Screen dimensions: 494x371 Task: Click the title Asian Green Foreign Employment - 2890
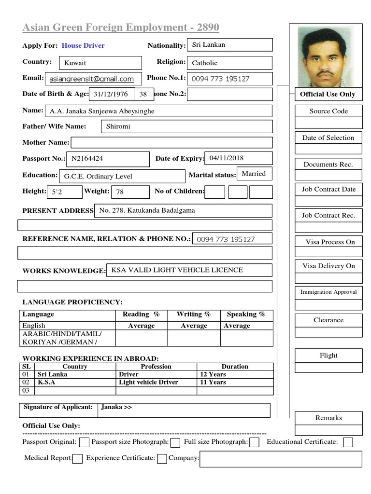(x=121, y=27)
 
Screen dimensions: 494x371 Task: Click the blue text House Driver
(x=83, y=46)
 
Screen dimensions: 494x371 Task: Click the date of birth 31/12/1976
(x=111, y=95)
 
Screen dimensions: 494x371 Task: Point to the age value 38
(x=143, y=95)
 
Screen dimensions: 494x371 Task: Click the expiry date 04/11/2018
(x=239, y=158)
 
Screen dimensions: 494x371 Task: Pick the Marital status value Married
(x=254, y=174)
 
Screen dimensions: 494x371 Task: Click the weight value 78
(x=130, y=192)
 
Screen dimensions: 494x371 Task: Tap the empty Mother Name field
(x=171, y=142)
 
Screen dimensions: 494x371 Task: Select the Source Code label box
(x=328, y=111)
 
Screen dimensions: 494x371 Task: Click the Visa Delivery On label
(x=328, y=266)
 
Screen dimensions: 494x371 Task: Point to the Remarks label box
(x=328, y=418)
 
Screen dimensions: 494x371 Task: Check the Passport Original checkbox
(x=84, y=442)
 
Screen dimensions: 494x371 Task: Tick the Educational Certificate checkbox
(x=348, y=442)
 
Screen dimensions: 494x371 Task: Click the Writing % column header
(x=194, y=315)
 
